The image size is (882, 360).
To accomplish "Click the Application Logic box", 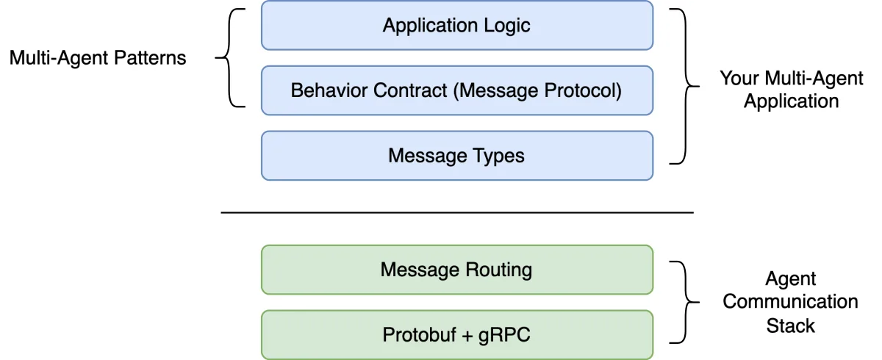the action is [457, 25].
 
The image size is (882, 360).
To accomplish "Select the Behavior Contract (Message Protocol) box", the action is [457, 90].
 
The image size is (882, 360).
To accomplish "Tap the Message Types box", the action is [457, 156].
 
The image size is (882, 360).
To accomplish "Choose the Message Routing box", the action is [457, 270].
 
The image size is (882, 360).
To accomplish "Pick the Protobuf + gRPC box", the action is [457, 335].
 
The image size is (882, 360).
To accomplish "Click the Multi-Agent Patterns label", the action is [98, 58].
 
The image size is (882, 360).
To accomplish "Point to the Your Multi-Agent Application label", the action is [792, 90].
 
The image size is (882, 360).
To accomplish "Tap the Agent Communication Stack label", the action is [791, 302].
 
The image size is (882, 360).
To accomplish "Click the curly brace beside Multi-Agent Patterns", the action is [229, 58].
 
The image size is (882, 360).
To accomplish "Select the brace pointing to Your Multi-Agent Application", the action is [686, 86].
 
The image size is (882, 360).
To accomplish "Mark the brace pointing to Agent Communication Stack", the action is [686, 302].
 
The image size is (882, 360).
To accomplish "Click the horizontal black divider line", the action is [457, 212].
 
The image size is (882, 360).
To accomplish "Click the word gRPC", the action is [504, 335].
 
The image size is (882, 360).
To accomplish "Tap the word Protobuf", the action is [419, 335].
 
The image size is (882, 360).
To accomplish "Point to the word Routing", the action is [498, 270].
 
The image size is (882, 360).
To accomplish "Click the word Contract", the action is [410, 90].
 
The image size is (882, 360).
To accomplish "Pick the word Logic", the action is [506, 26].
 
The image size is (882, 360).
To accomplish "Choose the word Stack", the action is [791, 325].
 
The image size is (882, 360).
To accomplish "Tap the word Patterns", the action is [150, 58].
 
